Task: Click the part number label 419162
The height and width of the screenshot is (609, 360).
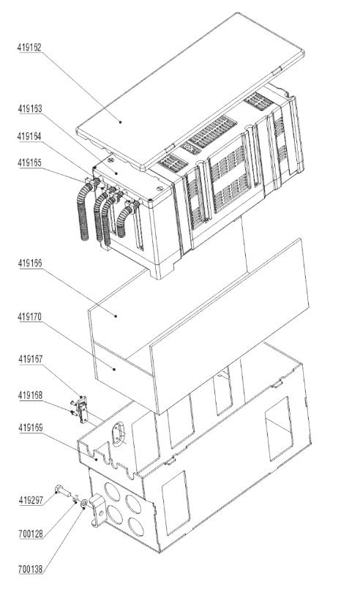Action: (x=29, y=48)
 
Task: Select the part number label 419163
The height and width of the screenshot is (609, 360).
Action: (x=29, y=109)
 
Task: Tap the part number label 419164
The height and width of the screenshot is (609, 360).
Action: (x=29, y=136)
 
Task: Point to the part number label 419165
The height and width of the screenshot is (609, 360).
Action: (x=29, y=162)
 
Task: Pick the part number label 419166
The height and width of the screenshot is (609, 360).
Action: (x=29, y=263)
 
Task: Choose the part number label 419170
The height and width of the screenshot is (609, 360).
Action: (x=29, y=317)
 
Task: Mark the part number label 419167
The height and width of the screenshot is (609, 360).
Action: (x=30, y=359)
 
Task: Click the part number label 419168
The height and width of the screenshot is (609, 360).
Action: (x=30, y=395)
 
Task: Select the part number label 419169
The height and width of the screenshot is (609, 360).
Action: (x=30, y=428)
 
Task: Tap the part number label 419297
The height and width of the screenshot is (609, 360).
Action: (x=31, y=501)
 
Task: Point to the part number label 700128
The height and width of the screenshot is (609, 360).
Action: (x=31, y=534)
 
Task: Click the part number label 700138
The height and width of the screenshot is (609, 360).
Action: (x=31, y=569)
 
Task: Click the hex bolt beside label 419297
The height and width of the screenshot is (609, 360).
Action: (x=64, y=491)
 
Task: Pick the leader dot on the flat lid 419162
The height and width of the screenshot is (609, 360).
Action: (x=121, y=122)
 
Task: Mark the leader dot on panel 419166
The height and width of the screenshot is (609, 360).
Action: (x=116, y=316)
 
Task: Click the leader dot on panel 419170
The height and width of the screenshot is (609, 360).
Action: (x=114, y=369)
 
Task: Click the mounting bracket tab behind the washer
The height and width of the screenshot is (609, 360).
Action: (x=97, y=510)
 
